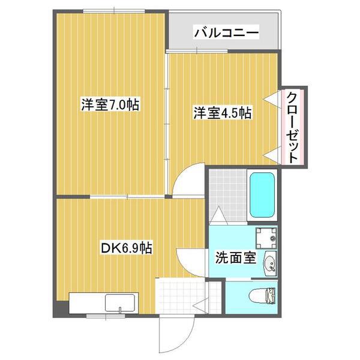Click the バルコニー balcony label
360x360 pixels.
[x=226, y=33]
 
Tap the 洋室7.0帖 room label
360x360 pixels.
[x=110, y=105]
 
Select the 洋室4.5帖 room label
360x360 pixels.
[x=222, y=113]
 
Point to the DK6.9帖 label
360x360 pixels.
[x=127, y=248]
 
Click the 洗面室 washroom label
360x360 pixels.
[x=236, y=257]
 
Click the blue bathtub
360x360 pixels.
[x=262, y=195]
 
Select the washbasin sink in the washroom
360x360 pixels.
[x=271, y=263]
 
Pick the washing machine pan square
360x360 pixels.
[x=266, y=238]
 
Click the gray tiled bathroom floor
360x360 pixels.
[x=228, y=195]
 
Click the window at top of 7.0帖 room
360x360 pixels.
[x=114, y=11]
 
